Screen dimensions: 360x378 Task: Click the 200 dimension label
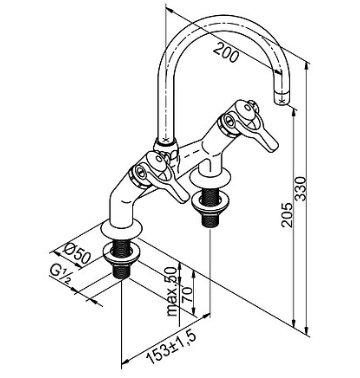pos(226,52)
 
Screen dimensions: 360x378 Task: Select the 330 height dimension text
pos(301,189)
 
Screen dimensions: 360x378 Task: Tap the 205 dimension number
pos(287,215)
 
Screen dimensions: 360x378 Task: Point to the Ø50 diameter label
pos(76,253)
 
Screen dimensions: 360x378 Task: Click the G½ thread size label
pos(61,274)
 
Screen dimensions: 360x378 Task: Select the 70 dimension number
pos(187,295)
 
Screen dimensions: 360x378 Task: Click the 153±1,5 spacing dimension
pos(171,348)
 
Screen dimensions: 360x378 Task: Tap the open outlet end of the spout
pos(283,100)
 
